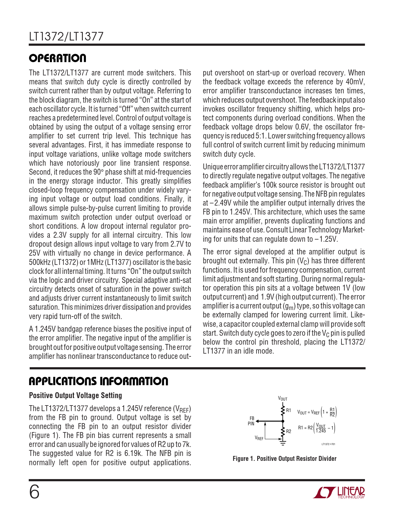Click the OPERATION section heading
57,58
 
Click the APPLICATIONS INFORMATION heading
98,381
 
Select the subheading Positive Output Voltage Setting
75,395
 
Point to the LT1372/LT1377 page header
66,37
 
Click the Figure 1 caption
284,459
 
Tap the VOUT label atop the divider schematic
283,399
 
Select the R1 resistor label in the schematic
289,410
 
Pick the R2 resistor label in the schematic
289,431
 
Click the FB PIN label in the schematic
251,421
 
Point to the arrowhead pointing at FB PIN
257,421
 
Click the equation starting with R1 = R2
316,428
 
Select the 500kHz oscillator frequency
39,262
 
